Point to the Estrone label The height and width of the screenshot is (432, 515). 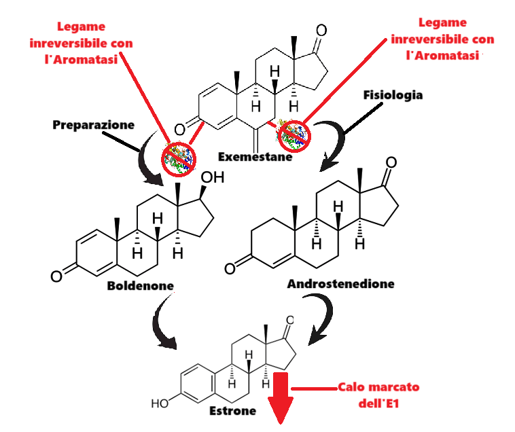[x=233, y=410]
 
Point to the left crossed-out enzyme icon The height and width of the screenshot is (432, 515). [x=179, y=156]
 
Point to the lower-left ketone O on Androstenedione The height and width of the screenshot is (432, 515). [x=230, y=268]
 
